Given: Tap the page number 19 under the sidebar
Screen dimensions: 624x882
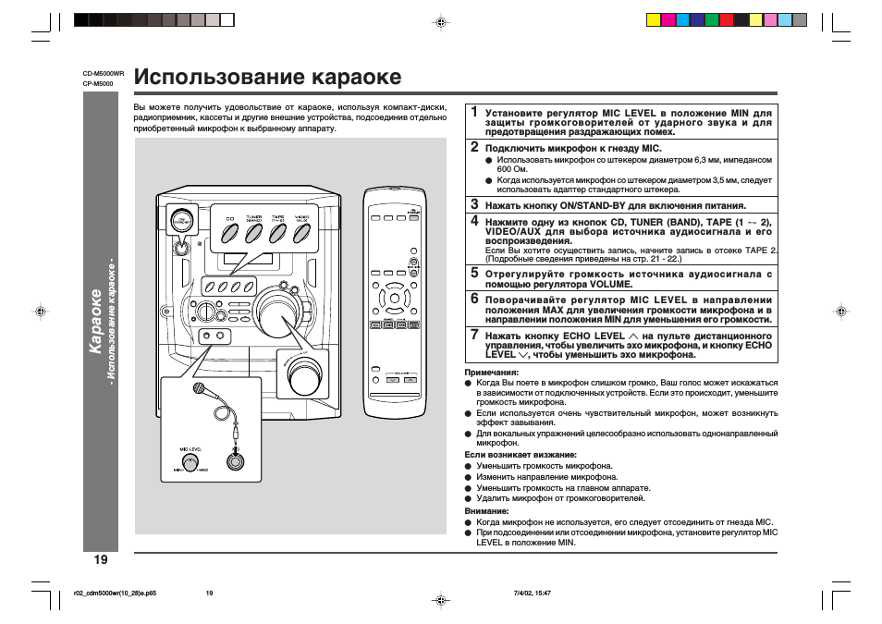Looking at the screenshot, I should (x=100, y=559).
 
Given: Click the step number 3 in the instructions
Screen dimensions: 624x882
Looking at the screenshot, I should (x=474, y=204).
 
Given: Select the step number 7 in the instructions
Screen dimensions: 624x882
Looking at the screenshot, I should (x=474, y=335).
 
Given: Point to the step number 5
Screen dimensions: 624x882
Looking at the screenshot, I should (x=474, y=273).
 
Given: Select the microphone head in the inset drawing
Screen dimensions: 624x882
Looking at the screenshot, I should (x=199, y=389).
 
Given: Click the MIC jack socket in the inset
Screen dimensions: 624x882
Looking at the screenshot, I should (x=237, y=459).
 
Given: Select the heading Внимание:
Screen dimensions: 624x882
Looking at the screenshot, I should (x=486, y=511).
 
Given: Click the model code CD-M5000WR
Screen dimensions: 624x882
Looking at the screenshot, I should (x=104, y=73).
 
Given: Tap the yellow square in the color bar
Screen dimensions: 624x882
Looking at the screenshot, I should (x=653, y=19).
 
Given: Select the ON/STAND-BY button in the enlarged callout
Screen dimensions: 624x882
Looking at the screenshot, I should (x=182, y=221).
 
